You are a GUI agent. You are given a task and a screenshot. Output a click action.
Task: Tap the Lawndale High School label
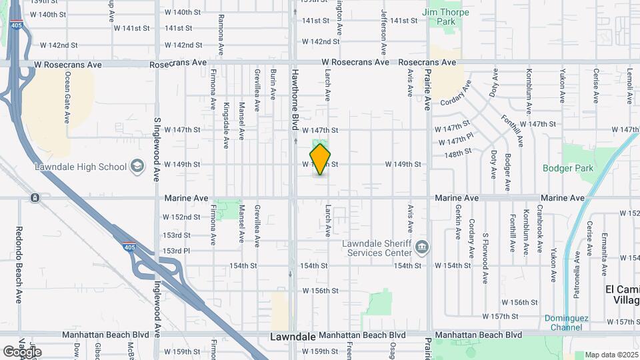(x=82, y=167)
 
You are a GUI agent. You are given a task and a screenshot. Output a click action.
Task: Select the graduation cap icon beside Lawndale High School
(x=137, y=166)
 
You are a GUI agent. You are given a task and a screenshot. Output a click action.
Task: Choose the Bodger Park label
(x=567, y=168)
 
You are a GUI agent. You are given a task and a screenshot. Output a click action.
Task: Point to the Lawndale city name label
(x=293, y=337)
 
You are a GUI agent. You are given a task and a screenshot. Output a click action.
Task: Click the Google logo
(x=21, y=351)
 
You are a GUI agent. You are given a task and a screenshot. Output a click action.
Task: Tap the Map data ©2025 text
(x=611, y=354)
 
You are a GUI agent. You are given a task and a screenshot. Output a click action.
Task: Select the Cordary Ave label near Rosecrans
(x=455, y=93)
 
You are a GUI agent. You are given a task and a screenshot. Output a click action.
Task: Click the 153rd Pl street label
(x=177, y=251)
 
